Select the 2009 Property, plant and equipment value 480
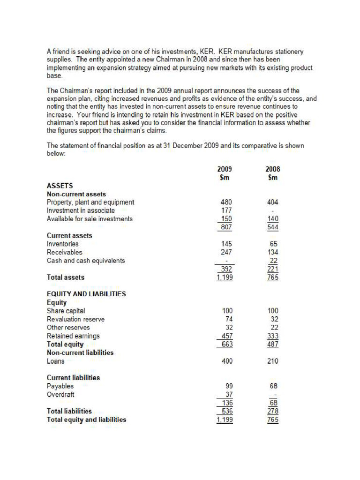click(226, 202)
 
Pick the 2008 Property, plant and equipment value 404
click(272, 202)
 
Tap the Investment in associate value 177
click(226, 210)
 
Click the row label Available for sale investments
click(90, 219)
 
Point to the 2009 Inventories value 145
click(226, 244)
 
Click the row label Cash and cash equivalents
click(86, 261)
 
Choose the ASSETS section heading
click(60, 186)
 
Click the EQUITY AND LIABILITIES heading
click(86, 294)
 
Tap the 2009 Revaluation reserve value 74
click(228, 319)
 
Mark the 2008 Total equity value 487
click(272, 344)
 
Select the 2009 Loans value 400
click(226, 361)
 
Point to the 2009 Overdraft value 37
click(228, 395)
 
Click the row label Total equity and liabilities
click(86, 420)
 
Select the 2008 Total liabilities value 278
click(272, 411)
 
